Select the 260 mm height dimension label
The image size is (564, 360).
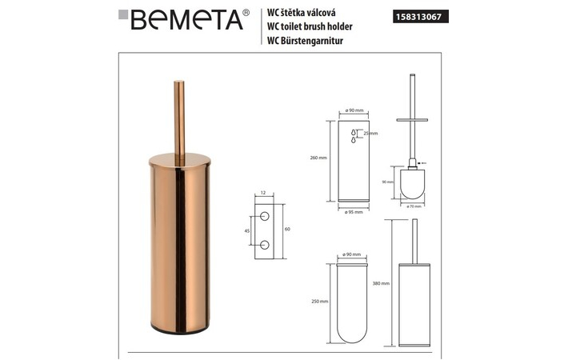tap(318, 158)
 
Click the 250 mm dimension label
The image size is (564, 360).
tap(318, 301)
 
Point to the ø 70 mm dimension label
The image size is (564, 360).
tap(414, 206)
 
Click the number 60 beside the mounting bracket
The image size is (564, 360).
tap(286, 229)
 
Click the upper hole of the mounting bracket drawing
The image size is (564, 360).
tap(264, 217)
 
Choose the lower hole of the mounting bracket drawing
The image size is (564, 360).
tap(264, 242)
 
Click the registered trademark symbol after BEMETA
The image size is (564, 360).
tap(245, 12)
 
